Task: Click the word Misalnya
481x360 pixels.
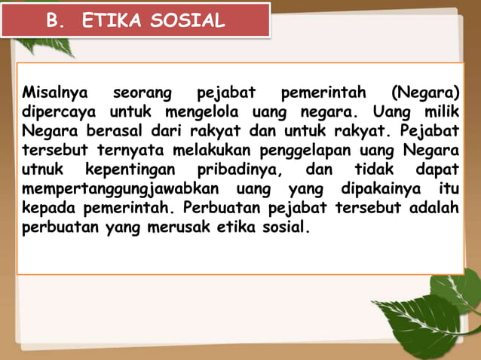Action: (x=55, y=95)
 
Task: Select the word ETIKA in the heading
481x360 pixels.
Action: (x=112, y=21)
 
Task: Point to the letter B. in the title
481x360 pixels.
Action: (x=54, y=21)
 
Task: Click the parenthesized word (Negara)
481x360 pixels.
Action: (x=425, y=95)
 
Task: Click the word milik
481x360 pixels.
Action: (x=440, y=114)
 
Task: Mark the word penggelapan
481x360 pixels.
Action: (x=299, y=150)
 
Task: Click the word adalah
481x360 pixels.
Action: (x=434, y=206)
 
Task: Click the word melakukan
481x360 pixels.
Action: (x=210, y=150)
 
